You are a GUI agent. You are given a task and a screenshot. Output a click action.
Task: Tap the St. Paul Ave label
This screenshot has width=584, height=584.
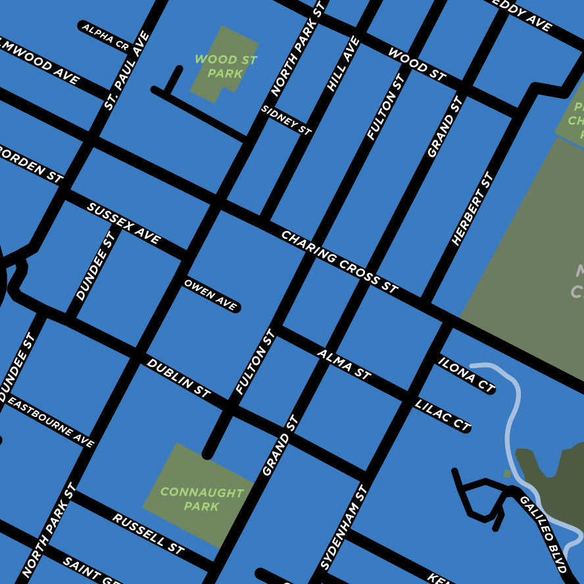(127, 70)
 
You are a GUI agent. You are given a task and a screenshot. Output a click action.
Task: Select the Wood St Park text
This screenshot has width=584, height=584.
(226, 66)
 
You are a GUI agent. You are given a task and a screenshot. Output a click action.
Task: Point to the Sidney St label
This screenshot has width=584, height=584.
(286, 120)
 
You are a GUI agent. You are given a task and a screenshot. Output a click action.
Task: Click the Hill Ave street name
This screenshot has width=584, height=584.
(343, 64)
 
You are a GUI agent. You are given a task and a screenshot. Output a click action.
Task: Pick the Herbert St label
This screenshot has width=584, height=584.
(472, 209)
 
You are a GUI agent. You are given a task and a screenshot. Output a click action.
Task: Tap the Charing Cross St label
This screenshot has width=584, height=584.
(339, 262)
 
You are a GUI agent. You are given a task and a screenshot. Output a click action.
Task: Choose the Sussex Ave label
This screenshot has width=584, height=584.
(124, 224)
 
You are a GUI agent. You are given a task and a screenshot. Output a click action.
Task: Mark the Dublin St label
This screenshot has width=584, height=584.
(178, 378)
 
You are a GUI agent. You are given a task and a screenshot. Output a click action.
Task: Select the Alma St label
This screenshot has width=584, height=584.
(344, 364)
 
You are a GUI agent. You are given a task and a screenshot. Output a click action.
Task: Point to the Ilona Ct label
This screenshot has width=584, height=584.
(466, 375)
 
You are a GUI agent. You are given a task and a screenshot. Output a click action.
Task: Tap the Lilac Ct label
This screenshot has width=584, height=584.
(442, 415)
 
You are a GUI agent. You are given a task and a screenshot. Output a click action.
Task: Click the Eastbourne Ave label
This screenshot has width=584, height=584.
(52, 422)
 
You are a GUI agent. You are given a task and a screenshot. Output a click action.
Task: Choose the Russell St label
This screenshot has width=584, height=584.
(148, 533)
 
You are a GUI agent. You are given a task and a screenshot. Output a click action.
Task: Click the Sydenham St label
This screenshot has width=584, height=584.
(343, 528)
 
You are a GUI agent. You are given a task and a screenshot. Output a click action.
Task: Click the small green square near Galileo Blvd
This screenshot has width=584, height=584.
(507, 474)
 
